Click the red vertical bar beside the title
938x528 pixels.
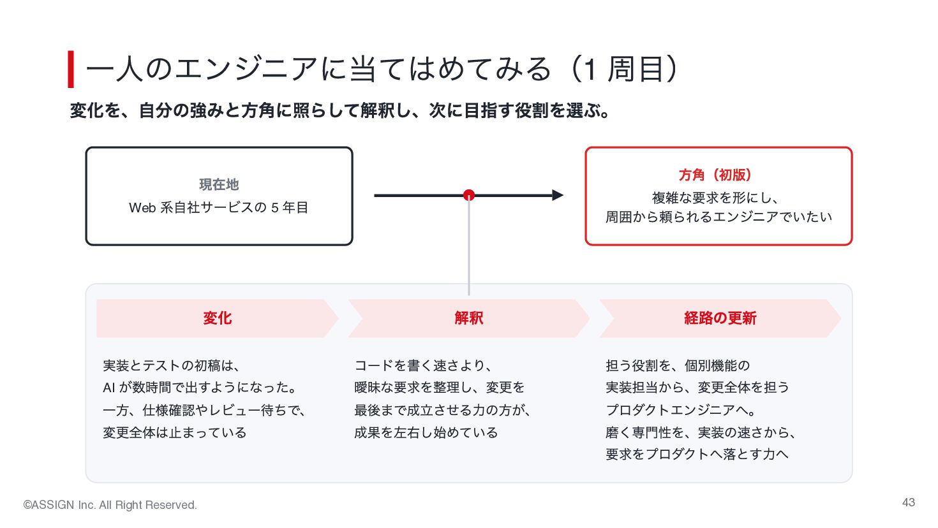(71, 70)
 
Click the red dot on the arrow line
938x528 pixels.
(468, 195)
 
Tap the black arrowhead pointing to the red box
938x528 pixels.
(558, 195)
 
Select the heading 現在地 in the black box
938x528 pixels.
(219, 184)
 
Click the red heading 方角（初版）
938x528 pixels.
(715, 175)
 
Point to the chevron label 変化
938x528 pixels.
(218, 318)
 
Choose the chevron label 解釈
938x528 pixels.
(468, 318)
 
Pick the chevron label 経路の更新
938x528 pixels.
(720, 318)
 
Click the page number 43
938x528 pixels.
(908, 502)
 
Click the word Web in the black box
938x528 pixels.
(142, 207)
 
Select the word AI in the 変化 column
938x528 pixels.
(108, 388)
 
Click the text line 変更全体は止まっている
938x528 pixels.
(175, 432)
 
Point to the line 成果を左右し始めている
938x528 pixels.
(426, 432)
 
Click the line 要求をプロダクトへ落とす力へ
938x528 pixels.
(697, 454)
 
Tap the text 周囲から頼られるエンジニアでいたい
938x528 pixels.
(718, 217)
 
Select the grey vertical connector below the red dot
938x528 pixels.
(468, 247)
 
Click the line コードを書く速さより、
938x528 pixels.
(423, 365)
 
